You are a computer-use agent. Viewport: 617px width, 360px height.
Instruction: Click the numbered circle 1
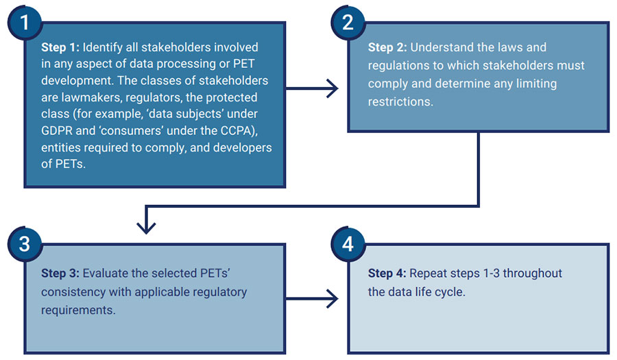[25, 22]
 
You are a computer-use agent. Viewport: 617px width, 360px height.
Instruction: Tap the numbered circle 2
[348, 22]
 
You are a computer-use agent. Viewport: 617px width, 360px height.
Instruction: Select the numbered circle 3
[25, 243]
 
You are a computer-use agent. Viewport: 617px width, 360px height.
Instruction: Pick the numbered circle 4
[348, 243]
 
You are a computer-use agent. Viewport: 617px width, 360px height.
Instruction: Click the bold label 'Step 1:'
[60, 48]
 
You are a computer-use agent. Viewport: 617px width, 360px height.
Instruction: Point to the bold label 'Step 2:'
[387, 48]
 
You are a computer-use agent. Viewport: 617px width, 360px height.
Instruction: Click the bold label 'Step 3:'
[60, 273]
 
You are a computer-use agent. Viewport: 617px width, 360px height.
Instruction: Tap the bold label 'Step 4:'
[387, 273]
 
